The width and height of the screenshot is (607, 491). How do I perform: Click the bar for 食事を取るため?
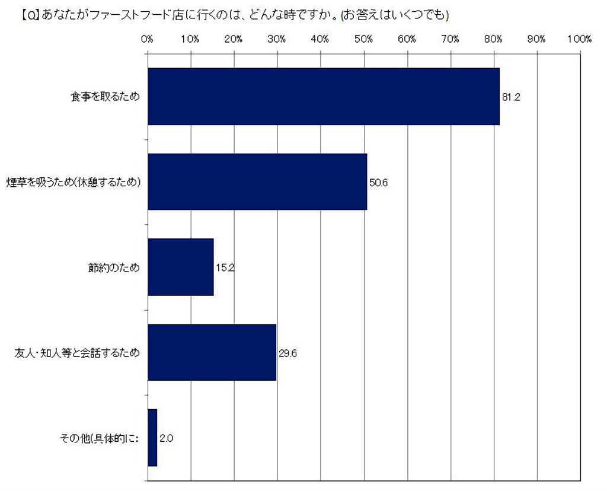coord(323,97)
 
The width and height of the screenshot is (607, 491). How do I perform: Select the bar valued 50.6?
coord(257,182)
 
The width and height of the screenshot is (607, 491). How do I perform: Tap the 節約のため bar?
coord(180,267)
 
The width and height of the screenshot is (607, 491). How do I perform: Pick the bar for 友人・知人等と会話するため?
coord(212,353)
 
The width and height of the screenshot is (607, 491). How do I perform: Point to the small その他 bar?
coord(152,438)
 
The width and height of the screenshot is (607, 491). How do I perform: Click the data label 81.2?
coord(511,97)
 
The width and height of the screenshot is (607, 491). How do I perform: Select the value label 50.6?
coord(378,183)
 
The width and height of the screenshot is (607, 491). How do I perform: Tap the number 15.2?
coord(225,268)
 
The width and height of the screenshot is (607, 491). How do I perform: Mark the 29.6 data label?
coord(287,353)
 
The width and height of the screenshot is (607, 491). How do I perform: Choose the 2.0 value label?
coord(166,439)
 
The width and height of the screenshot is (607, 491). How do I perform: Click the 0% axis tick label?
coord(147,40)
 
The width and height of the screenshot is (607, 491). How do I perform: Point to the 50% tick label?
coord(363,40)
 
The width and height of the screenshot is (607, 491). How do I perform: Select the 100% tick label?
coord(579,40)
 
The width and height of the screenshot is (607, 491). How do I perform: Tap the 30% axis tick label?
coord(277,40)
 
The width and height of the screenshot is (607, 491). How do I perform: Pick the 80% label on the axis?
coord(493,40)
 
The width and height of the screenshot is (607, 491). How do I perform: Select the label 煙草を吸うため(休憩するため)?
coord(74,183)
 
